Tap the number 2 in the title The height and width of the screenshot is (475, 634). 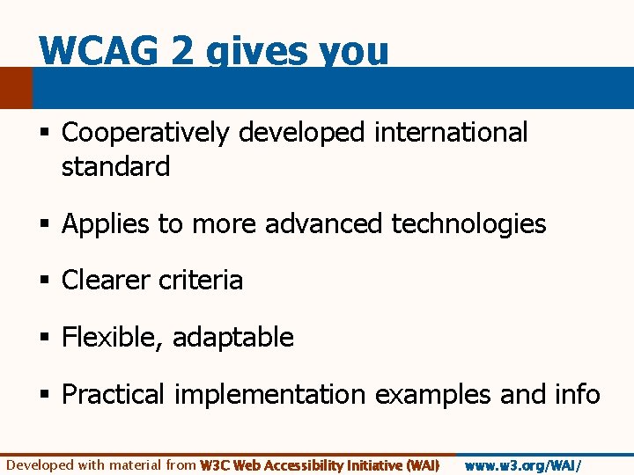[184, 51]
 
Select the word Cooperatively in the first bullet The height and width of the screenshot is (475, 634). [145, 133]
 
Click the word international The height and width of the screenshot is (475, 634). [451, 133]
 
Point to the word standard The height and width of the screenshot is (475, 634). [115, 166]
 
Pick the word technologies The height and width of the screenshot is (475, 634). [468, 224]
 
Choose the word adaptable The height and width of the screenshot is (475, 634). [233, 338]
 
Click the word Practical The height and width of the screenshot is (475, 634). [113, 395]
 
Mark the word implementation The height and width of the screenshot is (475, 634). [269, 395]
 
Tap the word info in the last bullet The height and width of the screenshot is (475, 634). [576, 394]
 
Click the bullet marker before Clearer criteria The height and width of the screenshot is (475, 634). [44, 281]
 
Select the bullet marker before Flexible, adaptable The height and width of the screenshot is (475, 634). [44, 338]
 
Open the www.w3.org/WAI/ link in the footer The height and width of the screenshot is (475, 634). [523, 465]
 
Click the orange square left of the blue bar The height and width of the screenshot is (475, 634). [15, 88]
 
